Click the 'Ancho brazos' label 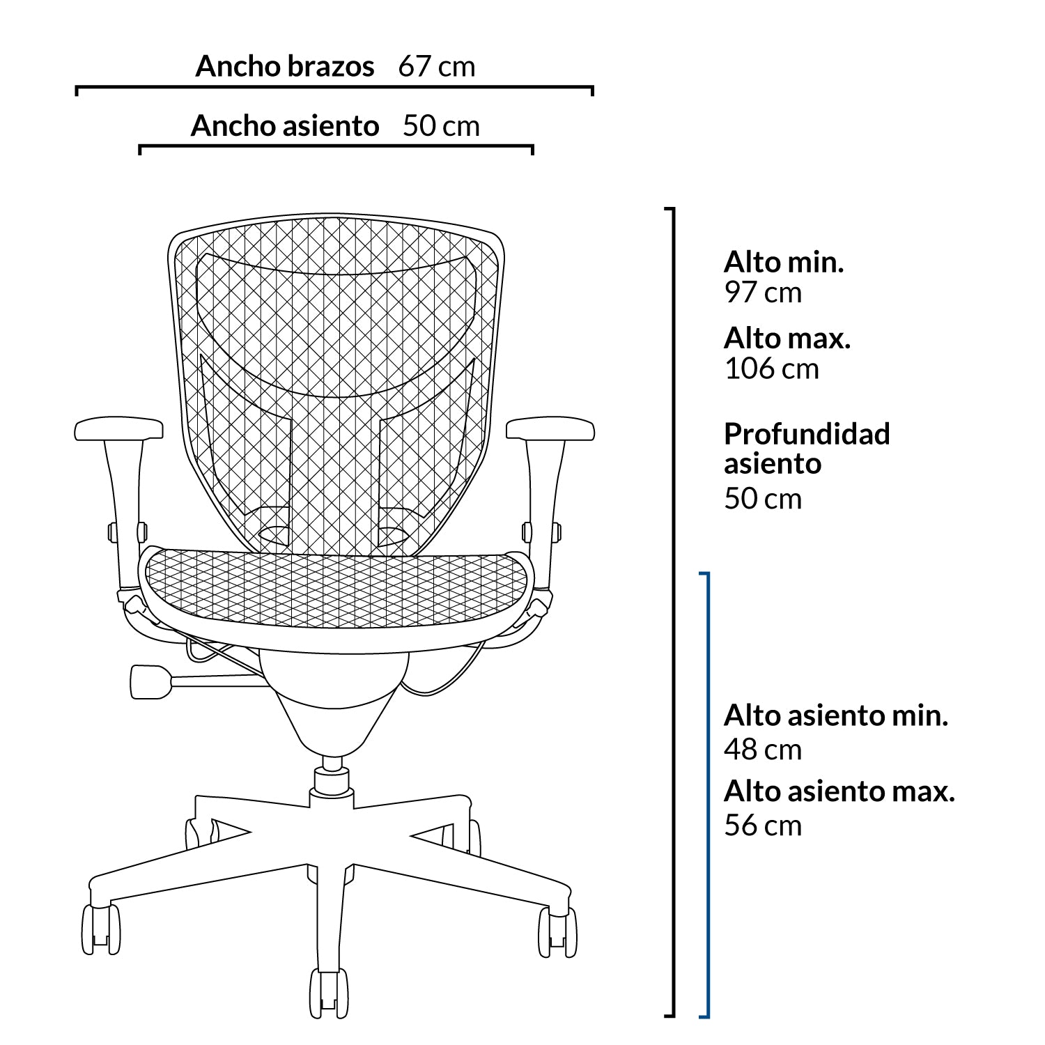click(x=285, y=66)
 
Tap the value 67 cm click(x=437, y=67)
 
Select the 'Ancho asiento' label click(x=285, y=126)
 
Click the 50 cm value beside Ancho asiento click(x=441, y=126)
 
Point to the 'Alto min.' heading click(x=784, y=262)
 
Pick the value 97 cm click(x=763, y=292)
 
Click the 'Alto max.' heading click(x=787, y=338)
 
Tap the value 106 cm click(x=772, y=369)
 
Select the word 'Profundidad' click(x=807, y=433)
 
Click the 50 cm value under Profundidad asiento click(x=763, y=499)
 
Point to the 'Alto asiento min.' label click(x=836, y=715)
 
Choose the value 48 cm click(x=763, y=750)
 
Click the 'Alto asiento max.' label click(x=839, y=791)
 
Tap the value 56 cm click(x=763, y=826)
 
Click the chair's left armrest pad click(x=118, y=428)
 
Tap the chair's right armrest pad click(x=550, y=428)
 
